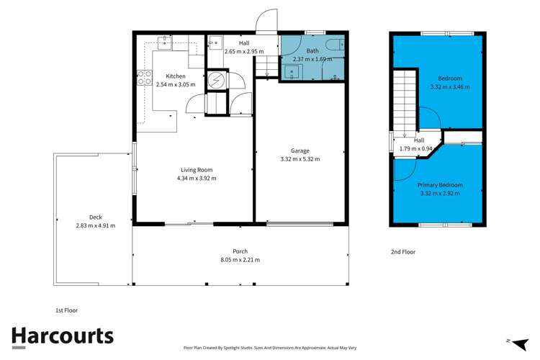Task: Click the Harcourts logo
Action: point(63,336)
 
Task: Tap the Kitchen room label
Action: point(176,76)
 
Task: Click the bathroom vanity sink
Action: point(292,71)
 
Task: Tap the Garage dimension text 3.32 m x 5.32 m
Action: point(300,159)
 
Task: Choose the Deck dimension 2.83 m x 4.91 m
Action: point(96,225)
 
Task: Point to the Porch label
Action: point(240,251)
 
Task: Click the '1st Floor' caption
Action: point(66,310)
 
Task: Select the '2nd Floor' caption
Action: point(403,252)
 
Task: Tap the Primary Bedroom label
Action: point(440,185)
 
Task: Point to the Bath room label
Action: point(312,51)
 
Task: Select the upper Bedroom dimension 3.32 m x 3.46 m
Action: point(449,87)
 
